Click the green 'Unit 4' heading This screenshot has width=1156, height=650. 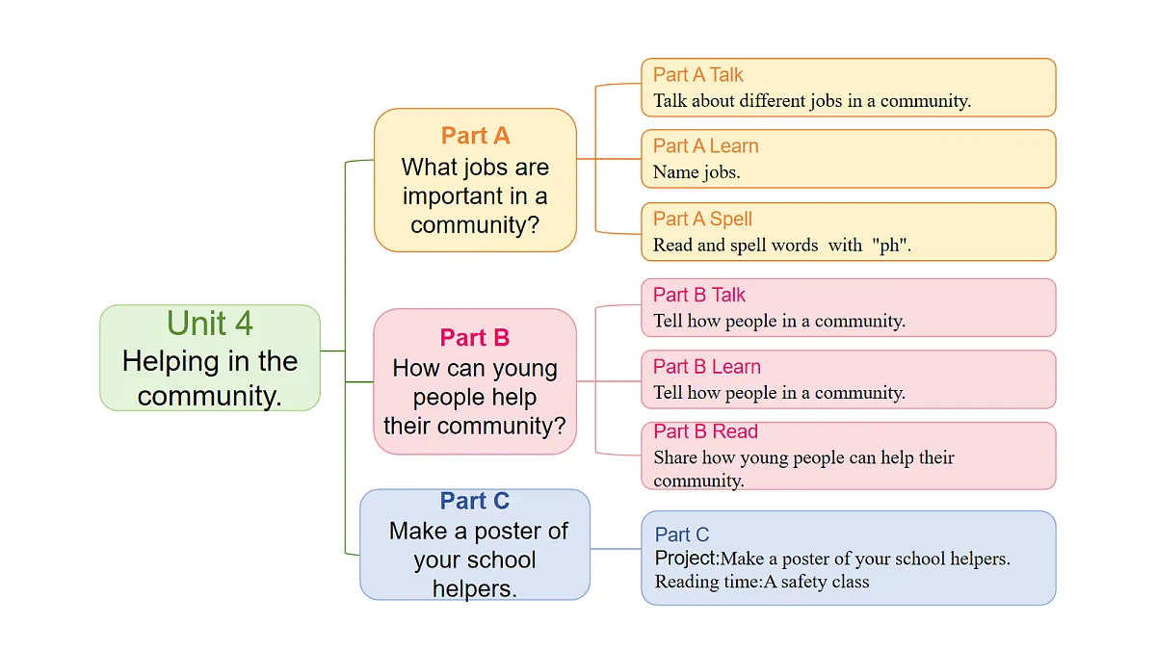tap(210, 324)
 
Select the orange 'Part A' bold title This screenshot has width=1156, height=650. tap(475, 136)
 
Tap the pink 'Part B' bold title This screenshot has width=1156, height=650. tap(475, 338)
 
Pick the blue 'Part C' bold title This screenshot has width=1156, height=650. tap(475, 501)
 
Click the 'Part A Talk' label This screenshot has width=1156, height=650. tap(698, 75)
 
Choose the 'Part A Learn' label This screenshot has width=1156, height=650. tap(706, 146)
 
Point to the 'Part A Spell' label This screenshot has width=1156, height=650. tap(703, 220)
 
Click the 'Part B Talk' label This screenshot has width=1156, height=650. tap(699, 295)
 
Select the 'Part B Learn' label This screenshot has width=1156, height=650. tap(707, 367)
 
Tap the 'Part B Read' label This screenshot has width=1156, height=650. tap(705, 431)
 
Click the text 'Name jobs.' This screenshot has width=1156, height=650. tap(696, 172)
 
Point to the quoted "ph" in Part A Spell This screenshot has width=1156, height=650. tap(889, 245)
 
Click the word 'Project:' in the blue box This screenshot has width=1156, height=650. tap(687, 559)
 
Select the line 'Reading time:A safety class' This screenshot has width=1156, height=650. tap(762, 582)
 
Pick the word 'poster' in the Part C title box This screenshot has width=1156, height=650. tap(504, 531)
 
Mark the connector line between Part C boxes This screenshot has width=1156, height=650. tap(616, 548)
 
